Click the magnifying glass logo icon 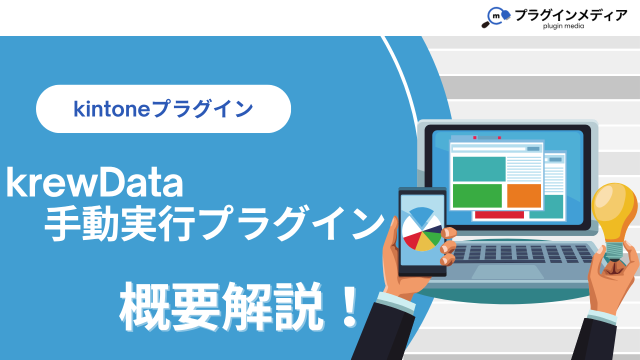[495, 17]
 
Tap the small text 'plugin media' [563, 26]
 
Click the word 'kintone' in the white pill [111, 109]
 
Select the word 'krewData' [94, 182]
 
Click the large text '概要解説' [221, 307]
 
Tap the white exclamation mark [349, 307]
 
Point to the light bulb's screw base [614, 251]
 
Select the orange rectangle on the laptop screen [524, 195]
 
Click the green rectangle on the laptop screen [477, 195]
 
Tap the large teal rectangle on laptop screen [479, 169]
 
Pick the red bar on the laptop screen [499, 215]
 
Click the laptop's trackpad [507, 271]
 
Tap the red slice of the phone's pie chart [412, 239]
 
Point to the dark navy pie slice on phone [433, 229]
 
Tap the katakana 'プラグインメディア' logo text [570, 15]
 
